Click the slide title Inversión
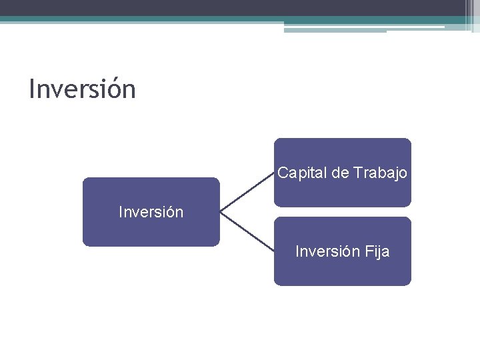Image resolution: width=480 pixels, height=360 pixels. pos(82,89)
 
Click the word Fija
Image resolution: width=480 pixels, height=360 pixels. pos(377,252)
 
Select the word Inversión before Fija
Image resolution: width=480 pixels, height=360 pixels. pos(328,252)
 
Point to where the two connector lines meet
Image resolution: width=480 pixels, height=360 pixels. pos(221,213)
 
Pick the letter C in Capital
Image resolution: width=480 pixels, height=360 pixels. pos(283,173)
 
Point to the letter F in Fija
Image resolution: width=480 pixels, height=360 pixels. pos(369,252)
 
